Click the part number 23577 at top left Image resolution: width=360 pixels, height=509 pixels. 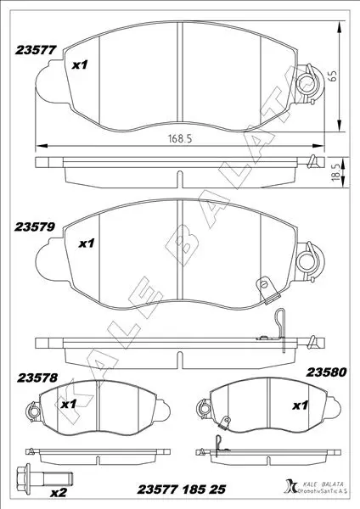tap(36, 50)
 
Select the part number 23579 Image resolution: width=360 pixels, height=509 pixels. tap(35, 227)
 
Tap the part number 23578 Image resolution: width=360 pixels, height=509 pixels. tap(37, 378)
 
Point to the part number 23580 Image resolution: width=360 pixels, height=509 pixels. tap(327, 372)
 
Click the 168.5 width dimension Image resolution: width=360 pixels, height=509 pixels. tap(180, 138)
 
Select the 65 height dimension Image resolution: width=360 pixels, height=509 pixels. tap(333, 76)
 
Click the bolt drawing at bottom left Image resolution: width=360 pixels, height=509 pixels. tap(44, 477)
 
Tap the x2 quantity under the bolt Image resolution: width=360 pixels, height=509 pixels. tap(59, 493)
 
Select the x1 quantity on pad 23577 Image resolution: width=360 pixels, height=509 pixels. tap(80, 65)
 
